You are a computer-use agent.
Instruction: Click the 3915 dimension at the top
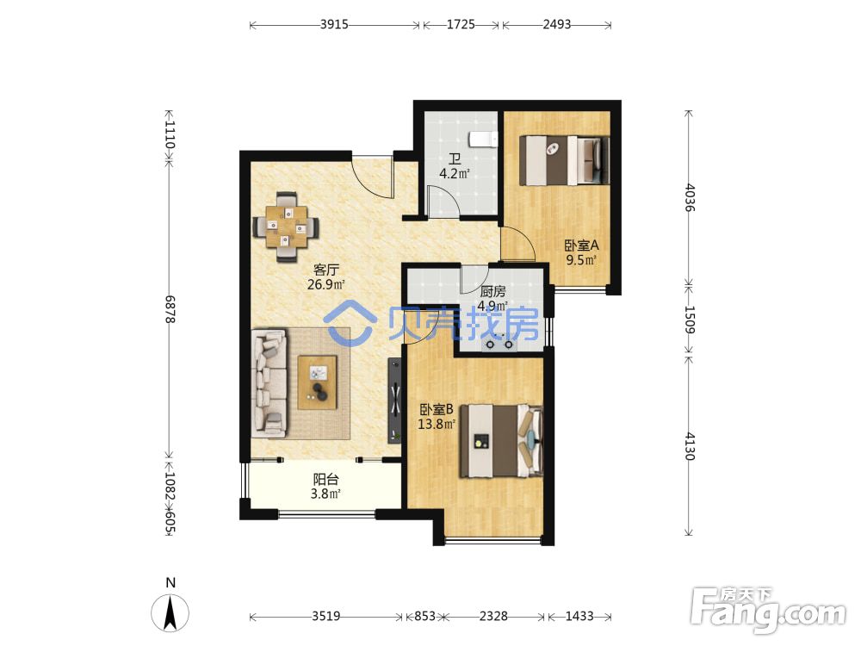pyautogui.click(x=334, y=25)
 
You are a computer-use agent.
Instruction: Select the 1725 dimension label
pyautogui.click(x=461, y=25)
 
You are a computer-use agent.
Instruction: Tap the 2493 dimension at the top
pyautogui.click(x=557, y=25)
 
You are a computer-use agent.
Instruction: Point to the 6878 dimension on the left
pyautogui.click(x=170, y=309)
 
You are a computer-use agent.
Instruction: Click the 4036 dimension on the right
pyautogui.click(x=691, y=198)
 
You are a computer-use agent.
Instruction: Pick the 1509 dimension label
pyautogui.click(x=691, y=320)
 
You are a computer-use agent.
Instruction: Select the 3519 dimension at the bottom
pyautogui.click(x=326, y=617)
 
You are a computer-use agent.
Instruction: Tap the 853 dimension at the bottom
pyautogui.click(x=424, y=617)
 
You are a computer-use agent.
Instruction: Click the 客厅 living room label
pyautogui.click(x=326, y=270)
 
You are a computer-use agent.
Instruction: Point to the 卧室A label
pyautogui.click(x=582, y=245)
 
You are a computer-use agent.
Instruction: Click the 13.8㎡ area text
pyautogui.click(x=437, y=424)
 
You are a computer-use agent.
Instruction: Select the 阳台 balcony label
pyautogui.click(x=325, y=479)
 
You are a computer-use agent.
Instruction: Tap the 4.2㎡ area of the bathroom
pyautogui.click(x=454, y=174)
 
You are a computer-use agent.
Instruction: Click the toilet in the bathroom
pyautogui.click(x=483, y=140)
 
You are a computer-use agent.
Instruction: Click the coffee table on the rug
pyautogui.click(x=318, y=382)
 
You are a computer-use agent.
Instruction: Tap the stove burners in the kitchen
pyautogui.click(x=498, y=345)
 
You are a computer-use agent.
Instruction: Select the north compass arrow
pyautogui.click(x=170, y=612)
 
